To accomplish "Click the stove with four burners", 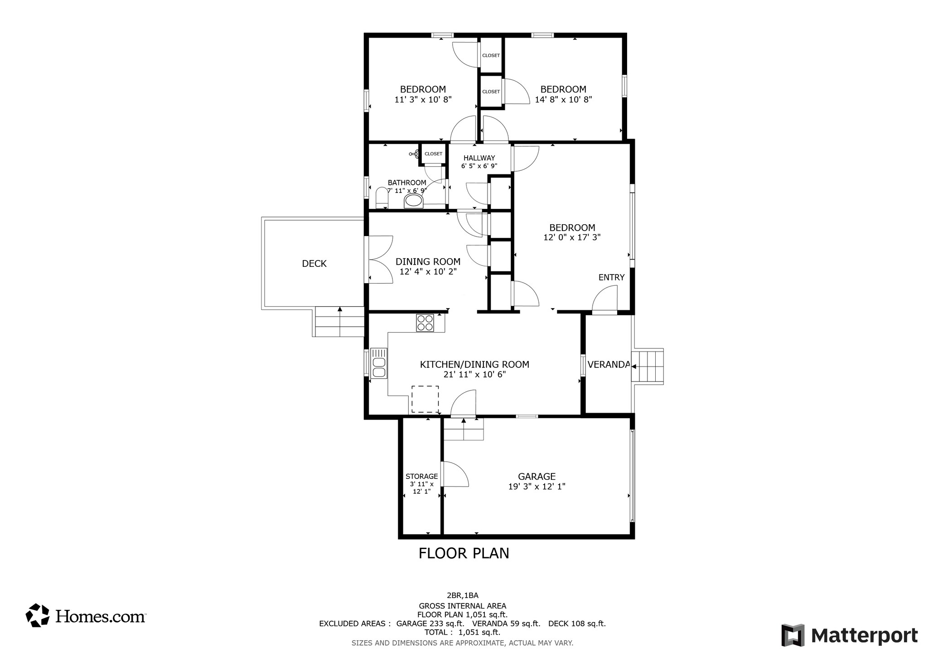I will click(x=425, y=323).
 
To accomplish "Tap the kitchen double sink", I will click(x=378, y=363).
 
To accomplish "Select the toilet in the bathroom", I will click(x=382, y=198).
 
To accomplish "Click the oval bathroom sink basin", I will click(x=413, y=201).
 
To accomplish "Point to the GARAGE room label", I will click(x=536, y=476).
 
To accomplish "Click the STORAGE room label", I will click(x=421, y=476).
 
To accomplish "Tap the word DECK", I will click(x=314, y=264).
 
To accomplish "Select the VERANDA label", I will click(x=608, y=364).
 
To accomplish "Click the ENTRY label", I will click(x=611, y=277).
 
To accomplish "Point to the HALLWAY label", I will click(x=479, y=158).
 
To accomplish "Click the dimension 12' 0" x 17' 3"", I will click(x=572, y=237).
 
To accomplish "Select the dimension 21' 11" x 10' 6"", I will click(x=474, y=374).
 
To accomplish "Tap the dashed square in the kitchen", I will click(x=425, y=399).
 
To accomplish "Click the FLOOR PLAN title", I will click(x=464, y=553).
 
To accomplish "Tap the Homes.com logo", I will click(x=86, y=616).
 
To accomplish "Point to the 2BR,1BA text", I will click(x=462, y=595).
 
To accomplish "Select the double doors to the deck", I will click(x=379, y=260).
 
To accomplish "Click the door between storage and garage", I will click(x=454, y=474).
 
